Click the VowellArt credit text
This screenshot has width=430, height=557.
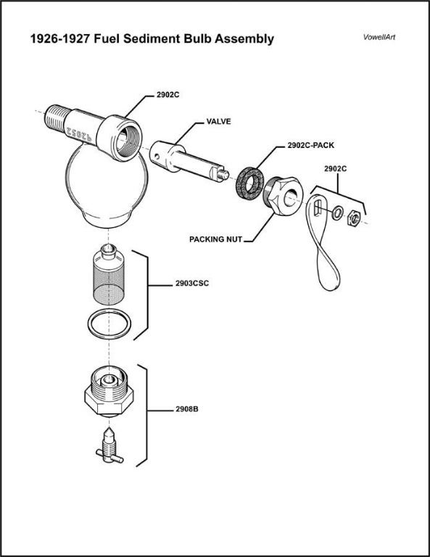379,37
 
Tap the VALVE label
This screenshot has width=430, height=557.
219,122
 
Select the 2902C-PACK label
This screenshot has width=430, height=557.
310,145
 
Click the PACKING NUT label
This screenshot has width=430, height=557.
215,239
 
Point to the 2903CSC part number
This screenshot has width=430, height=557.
192,284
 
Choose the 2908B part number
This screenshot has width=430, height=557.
187,409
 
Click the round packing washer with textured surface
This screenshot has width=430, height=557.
250,183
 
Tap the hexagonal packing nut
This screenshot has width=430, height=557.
284,196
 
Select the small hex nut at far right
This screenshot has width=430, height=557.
354,218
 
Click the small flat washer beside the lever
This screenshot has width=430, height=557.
337,213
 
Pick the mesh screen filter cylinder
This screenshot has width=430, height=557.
107,275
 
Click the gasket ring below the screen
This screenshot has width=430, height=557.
109,323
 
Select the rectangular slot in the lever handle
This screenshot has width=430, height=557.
318,207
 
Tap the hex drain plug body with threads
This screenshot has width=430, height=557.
109,391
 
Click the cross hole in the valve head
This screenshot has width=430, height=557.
157,155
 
